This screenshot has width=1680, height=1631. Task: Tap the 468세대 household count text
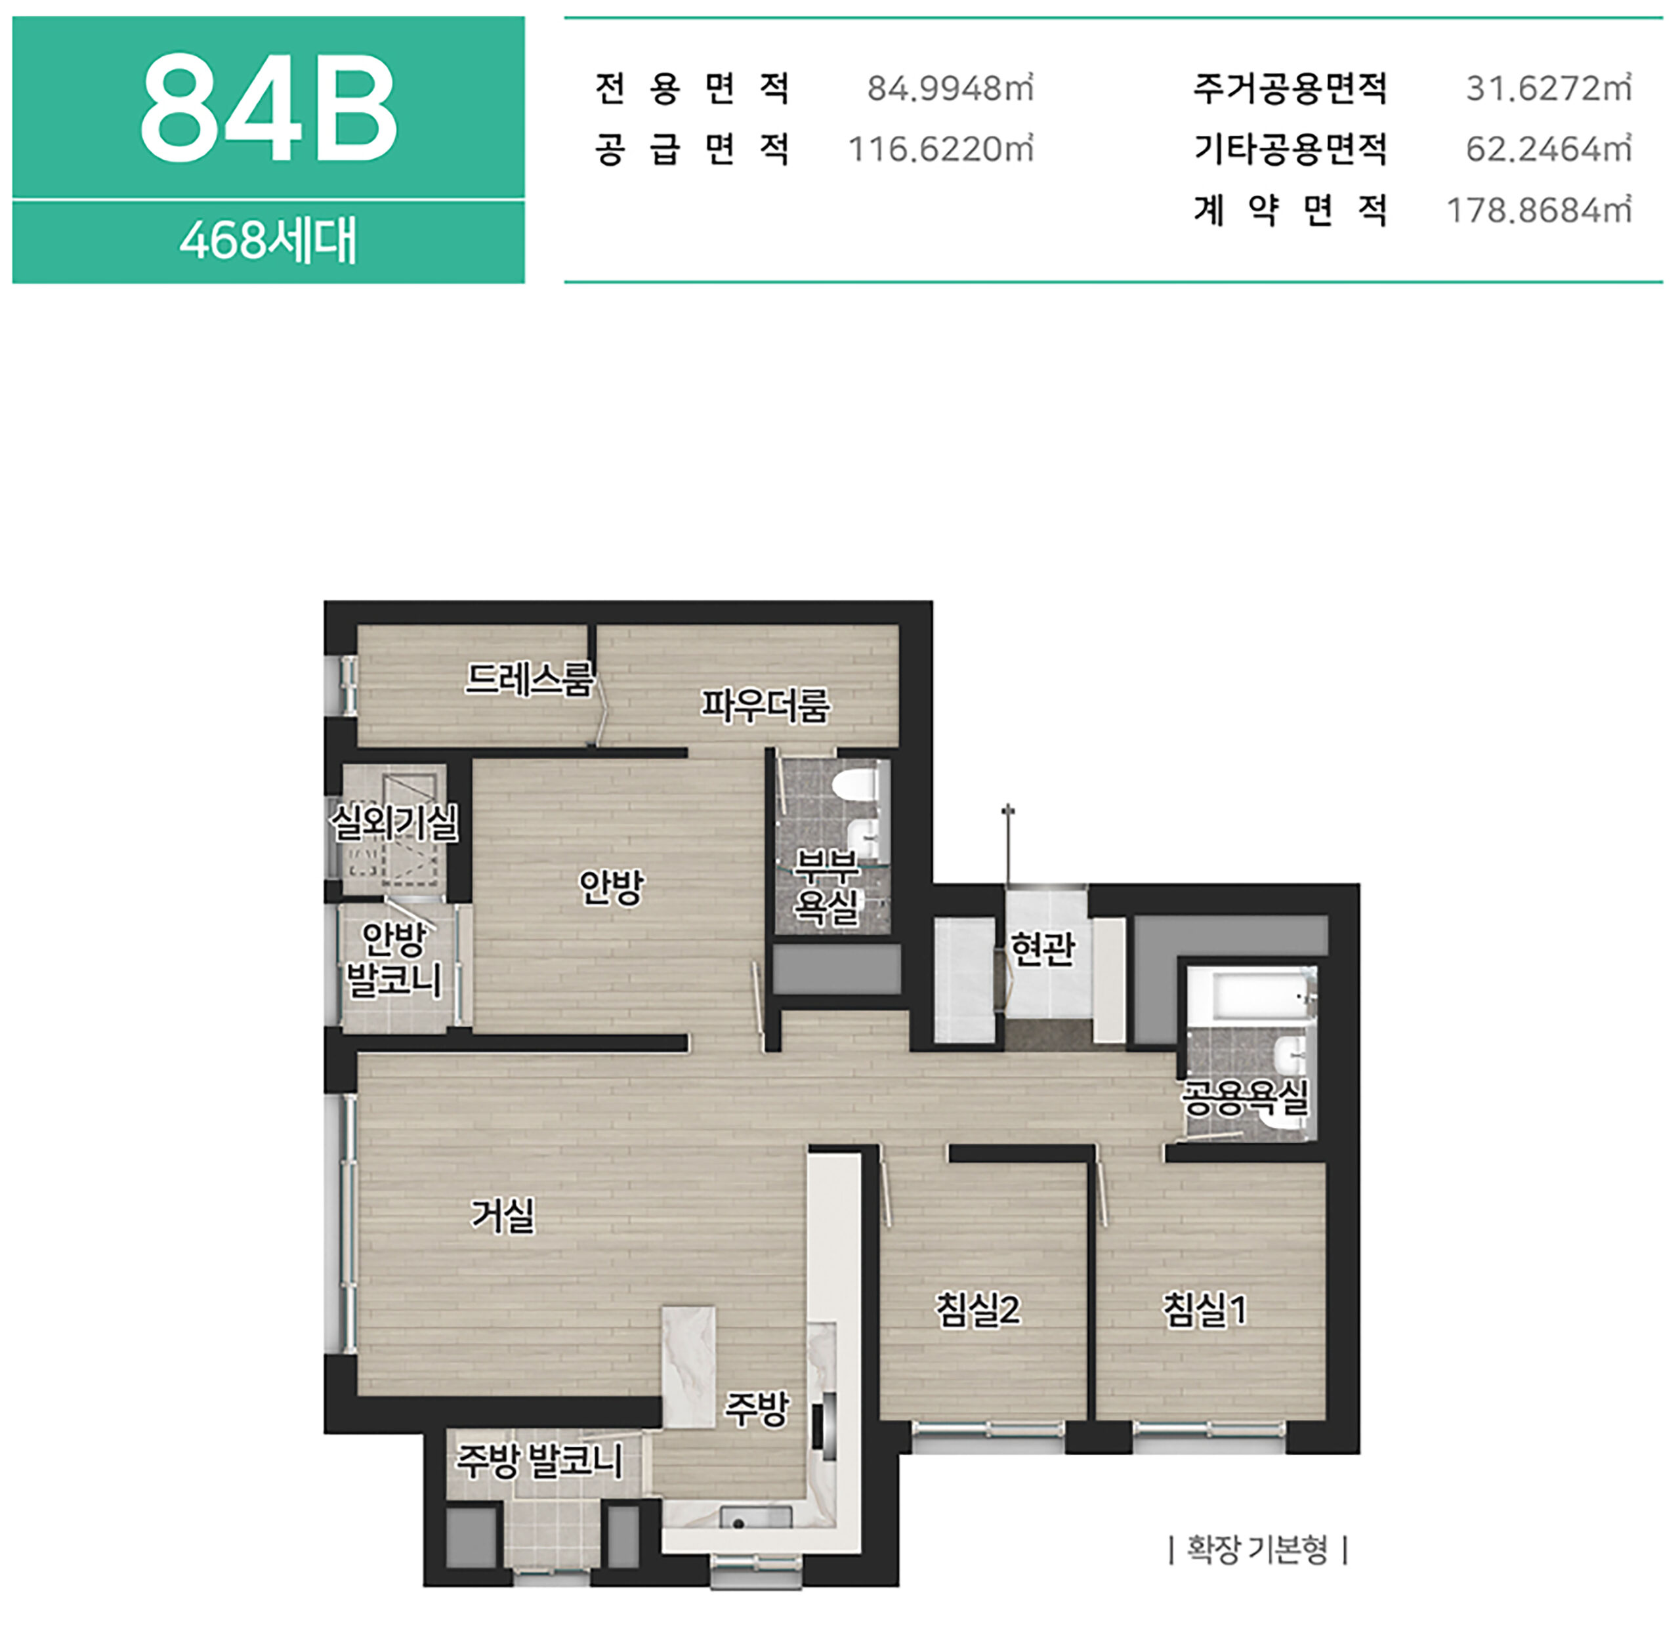pyautogui.click(x=268, y=240)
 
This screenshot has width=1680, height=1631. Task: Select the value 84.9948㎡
pyautogui.click(x=950, y=87)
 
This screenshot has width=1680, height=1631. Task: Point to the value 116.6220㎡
pyautogui.click(x=940, y=149)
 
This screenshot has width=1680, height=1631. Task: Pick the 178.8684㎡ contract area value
pyautogui.click(x=1538, y=210)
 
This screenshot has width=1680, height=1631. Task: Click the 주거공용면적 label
pyautogui.click(x=1290, y=87)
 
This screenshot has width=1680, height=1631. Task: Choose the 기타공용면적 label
pyautogui.click(x=1290, y=149)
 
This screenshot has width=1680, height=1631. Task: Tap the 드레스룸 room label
pyautogui.click(x=529, y=680)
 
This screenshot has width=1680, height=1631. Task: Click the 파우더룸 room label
pyautogui.click(x=765, y=705)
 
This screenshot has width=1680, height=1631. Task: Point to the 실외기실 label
pyautogui.click(x=394, y=823)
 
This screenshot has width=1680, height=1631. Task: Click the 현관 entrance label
pyautogui.click(x=1042, y=949)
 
